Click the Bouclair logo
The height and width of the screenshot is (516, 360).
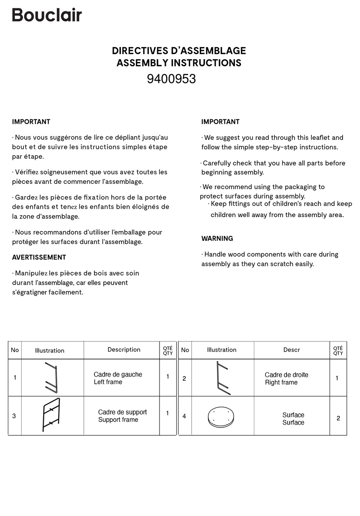coord(47,15)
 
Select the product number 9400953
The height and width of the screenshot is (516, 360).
coord(171,79)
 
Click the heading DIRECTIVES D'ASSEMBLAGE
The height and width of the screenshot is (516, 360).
coord(179,51)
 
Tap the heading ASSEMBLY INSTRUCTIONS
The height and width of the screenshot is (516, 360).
coord(179,63)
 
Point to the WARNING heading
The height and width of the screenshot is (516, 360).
coord(217,239)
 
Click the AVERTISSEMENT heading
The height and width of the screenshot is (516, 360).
coord(39,258)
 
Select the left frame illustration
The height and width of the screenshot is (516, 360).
coord(52,378)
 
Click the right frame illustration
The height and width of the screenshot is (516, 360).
coord(222,378)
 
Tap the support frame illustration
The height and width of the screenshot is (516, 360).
coord(51,415)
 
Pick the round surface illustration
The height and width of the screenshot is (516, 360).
coord(222,416)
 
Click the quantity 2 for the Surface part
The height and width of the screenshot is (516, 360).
coord(338,418)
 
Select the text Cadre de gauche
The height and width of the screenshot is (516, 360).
coord(118,374)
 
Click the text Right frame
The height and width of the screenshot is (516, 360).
coord(281,383)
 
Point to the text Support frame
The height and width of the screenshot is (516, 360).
coord(118,420)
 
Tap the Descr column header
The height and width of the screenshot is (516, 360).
coord(291,350)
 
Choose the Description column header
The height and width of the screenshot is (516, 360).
coord(124,350)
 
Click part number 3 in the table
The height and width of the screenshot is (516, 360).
coord(14,416)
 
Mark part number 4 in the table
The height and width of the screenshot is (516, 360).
coord(184,416)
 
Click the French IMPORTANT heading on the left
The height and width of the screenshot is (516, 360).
coord(31,122)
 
